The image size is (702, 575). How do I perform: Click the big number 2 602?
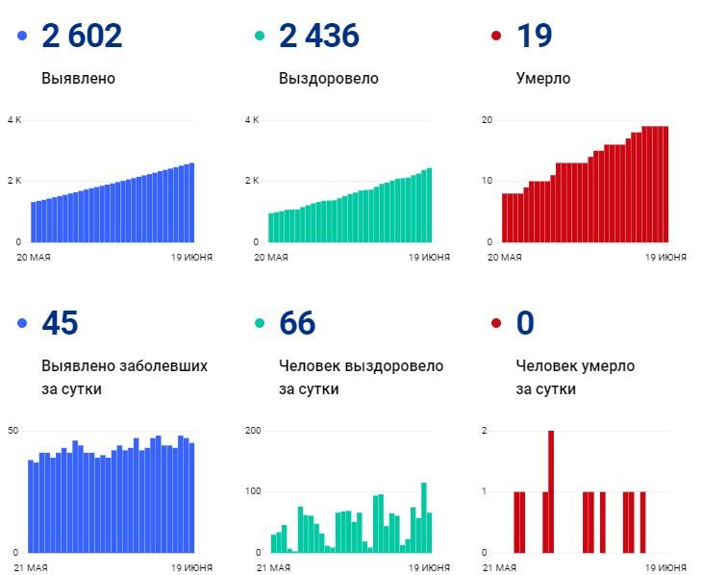pyautogui.click(x=82, y=37)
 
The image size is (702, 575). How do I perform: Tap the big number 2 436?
pyautogui.click(x=318, y=37)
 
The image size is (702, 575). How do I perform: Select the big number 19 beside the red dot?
pyautogui.click(x=534, y=37)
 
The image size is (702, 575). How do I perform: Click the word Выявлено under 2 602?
pyautogui.click(x=78, y=79)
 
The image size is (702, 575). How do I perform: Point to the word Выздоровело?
pyautogui.click(x=328, y=79)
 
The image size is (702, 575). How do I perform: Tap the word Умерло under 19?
pyautogui.click(x=542, y=79)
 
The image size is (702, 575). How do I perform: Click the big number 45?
pyautogui.click(x=60, y=323)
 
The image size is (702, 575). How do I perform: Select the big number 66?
pyautogui.click(x=297, y=323)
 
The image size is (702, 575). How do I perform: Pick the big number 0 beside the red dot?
pyautogui.click(x=525, y=323)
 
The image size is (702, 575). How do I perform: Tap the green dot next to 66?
pyautogui.click(x=260, y=324)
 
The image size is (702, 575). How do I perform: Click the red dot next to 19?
pyautogui.click(x=496, y=37)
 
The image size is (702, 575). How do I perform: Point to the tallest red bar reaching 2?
pyautogui.click(x=551, y=490)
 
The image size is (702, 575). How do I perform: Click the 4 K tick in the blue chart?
pyautogui.click(x=14, y=120)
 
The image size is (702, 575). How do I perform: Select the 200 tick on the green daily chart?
pyautogui.click(x=253, y=430)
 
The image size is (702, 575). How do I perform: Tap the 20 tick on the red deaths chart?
pyautogui.click(x=488, y=120)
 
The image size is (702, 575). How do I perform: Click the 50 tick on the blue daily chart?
pyautogui.click(x=13, y=430)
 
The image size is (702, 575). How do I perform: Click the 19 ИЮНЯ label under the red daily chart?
pyautogui.click(x=665, y=568)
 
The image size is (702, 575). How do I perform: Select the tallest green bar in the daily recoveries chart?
pyautogui.click(x=423, y=517)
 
